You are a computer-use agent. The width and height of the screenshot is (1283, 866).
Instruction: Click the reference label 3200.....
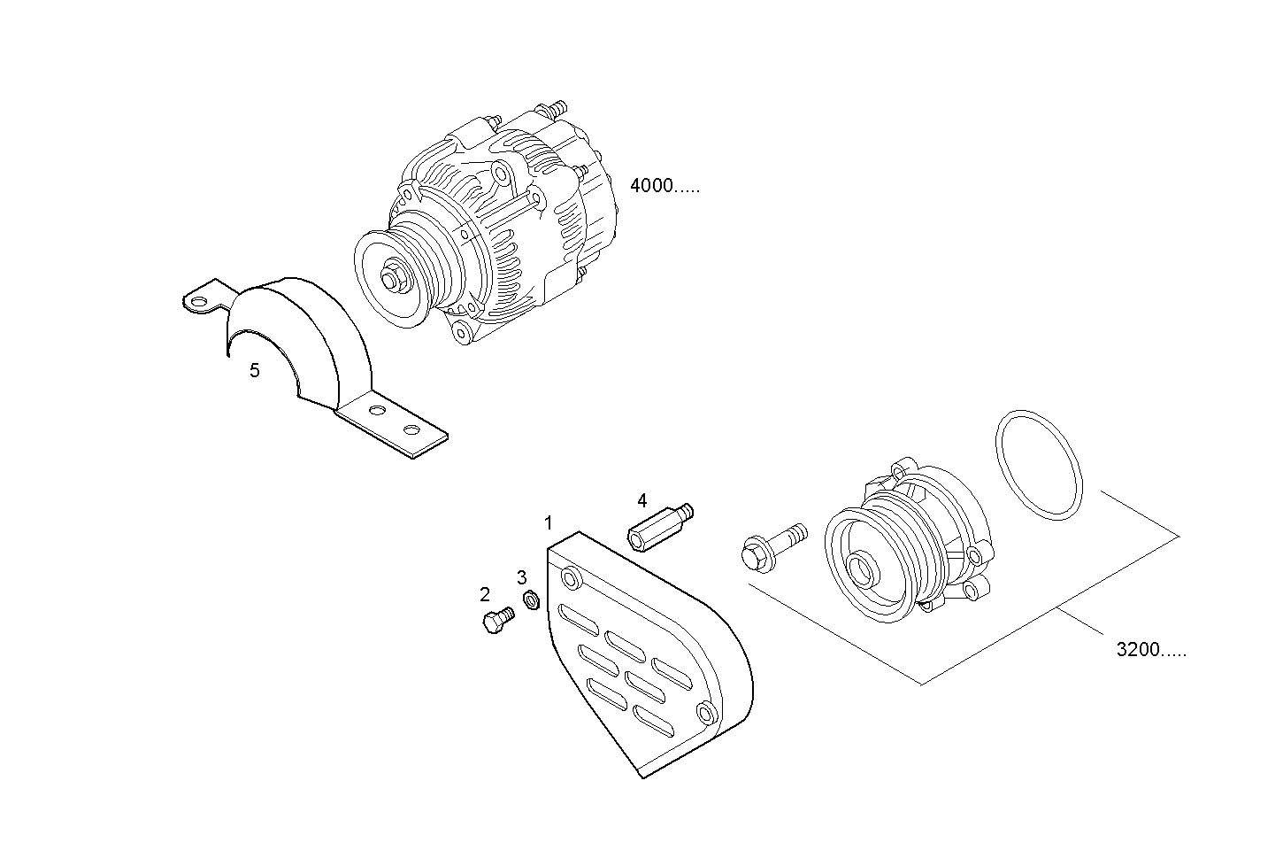[x=1151, y=651]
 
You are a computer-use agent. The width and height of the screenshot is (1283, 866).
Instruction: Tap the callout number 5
[x=255, y=371]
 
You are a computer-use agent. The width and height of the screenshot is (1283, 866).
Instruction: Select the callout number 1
[x=549, y=522]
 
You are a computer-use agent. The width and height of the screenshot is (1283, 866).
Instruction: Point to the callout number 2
[x=485, y=594]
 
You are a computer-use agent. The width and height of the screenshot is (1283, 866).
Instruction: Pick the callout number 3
[x=522, y=578]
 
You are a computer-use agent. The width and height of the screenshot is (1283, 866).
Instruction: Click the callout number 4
[x=642, y=501]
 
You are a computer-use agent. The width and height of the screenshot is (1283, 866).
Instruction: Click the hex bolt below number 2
[x=496, y=619]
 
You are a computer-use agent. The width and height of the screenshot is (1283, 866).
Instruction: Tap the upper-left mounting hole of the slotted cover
[x=572, y=580]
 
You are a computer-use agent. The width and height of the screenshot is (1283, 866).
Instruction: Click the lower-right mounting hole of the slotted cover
[x=706, y=712]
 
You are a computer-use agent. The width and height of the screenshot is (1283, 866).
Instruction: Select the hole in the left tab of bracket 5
[x=197, y=303]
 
